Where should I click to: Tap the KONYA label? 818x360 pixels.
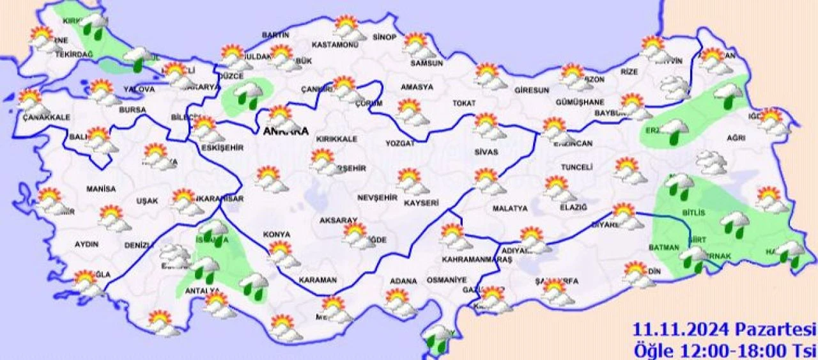point(276,235)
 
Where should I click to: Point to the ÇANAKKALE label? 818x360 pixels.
point(46,117)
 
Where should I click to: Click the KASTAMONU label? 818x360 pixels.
point(334,45)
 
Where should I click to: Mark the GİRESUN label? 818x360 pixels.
point(531,91)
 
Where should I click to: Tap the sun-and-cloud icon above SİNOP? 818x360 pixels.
point(417,47)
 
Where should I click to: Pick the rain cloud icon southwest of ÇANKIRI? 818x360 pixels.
point(247,95)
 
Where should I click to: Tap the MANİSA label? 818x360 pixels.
point(101,189)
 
